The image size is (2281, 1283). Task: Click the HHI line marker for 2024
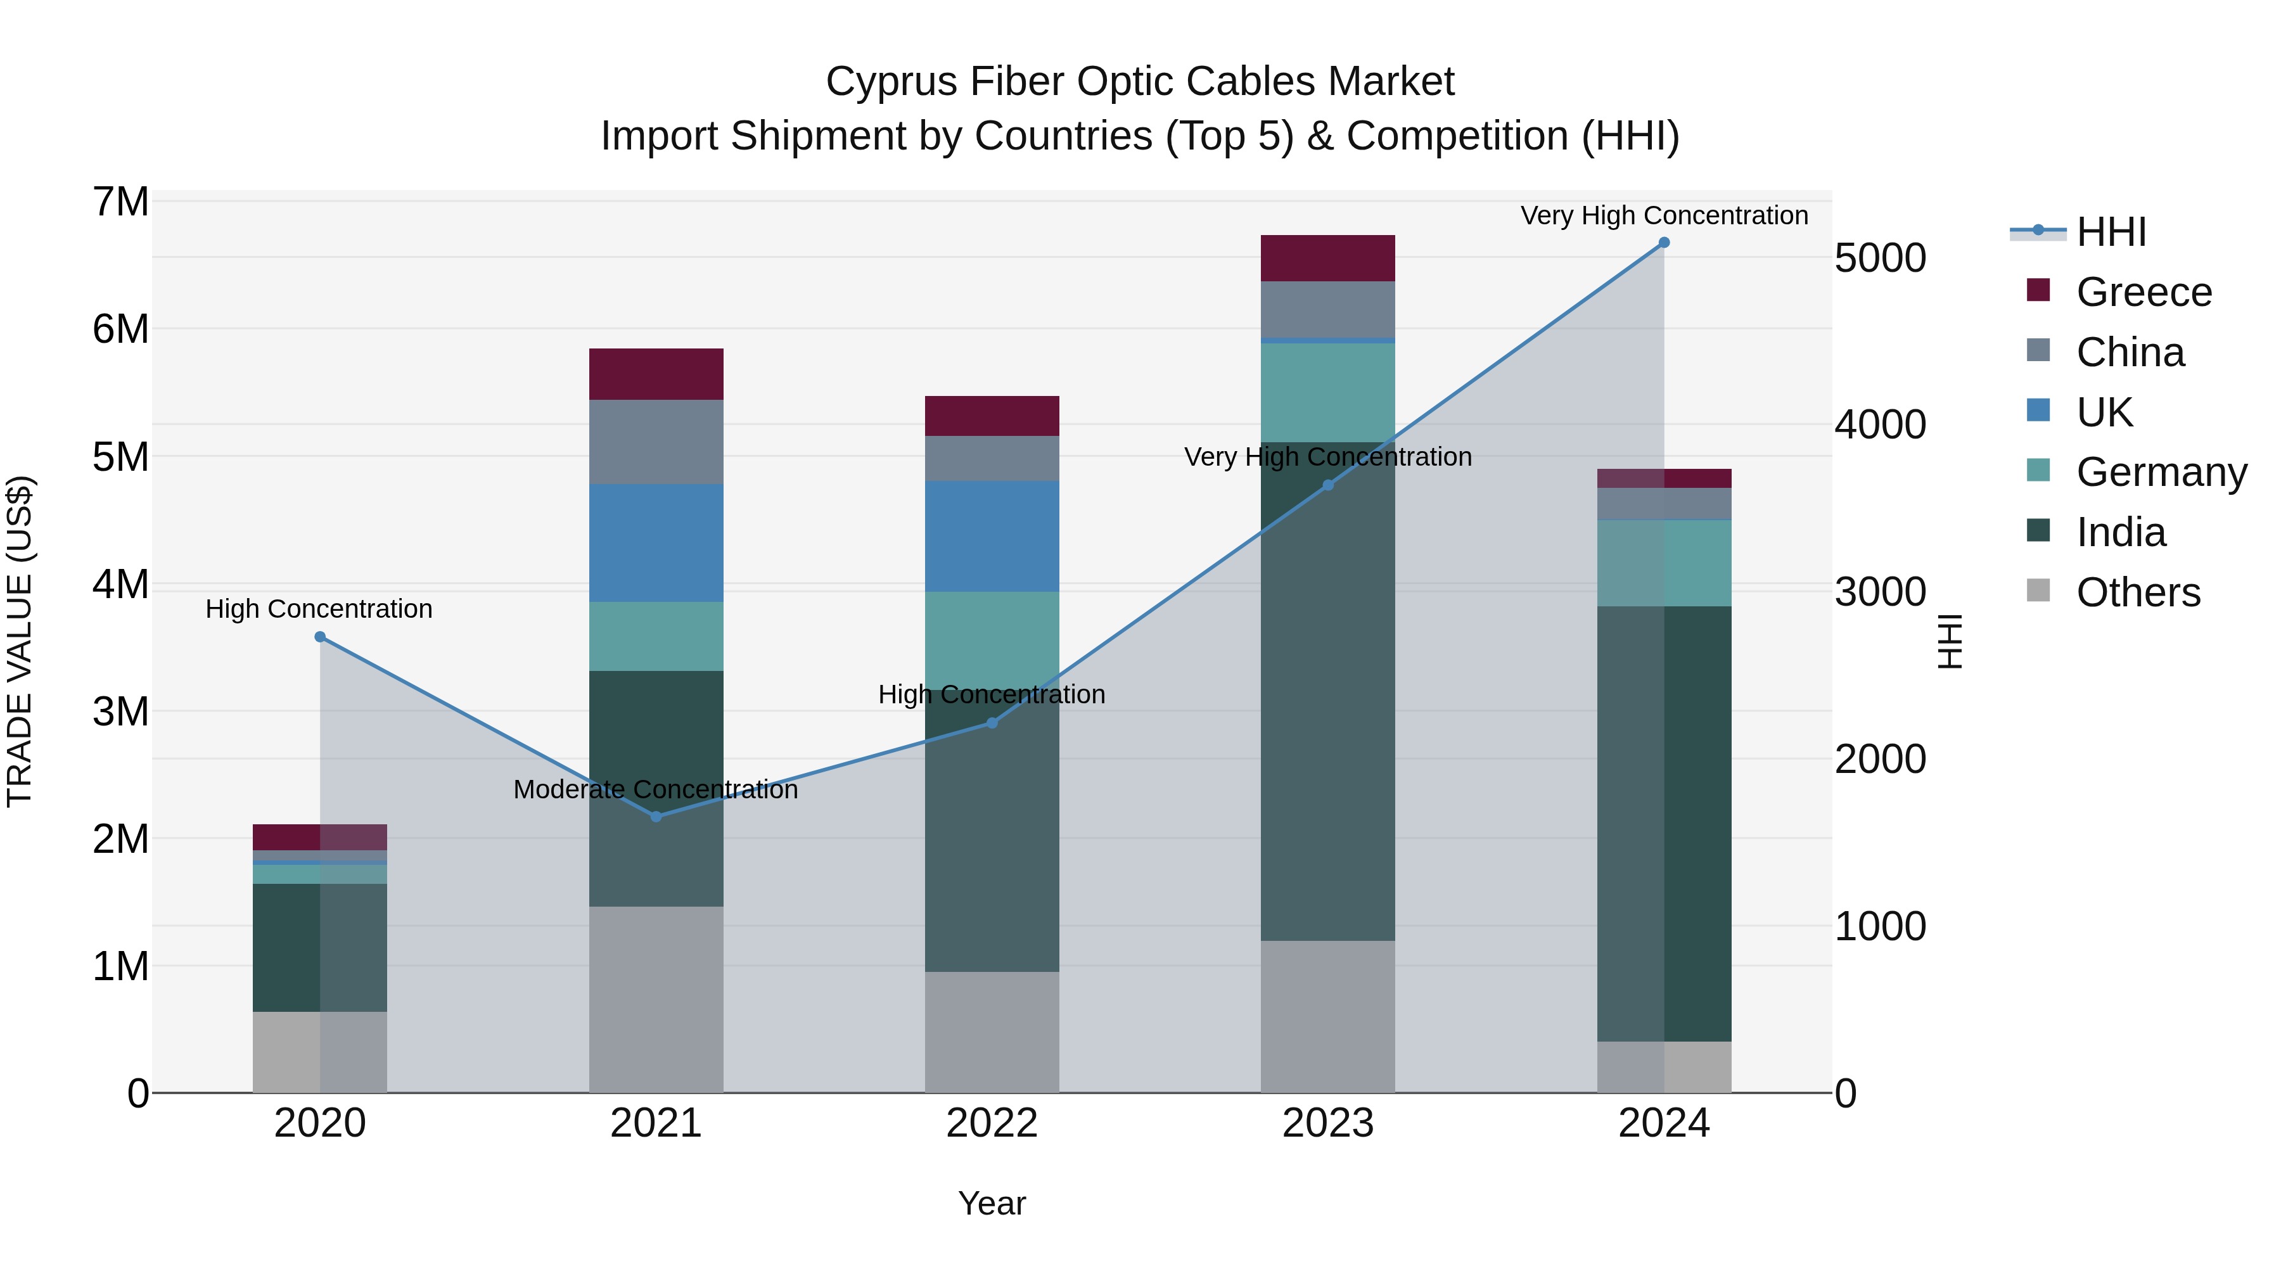[x=1664, y=243]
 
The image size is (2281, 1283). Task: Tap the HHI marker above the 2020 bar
[x=321, y=637]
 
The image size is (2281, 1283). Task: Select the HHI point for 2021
[x=656, y=817]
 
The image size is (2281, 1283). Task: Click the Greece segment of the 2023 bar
[x=1327, y=259]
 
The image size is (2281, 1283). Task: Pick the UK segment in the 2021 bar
[x=656, y=543]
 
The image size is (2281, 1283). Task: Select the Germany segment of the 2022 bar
[x=992, y=639]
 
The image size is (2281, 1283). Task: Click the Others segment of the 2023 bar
[x=1327, y=1016]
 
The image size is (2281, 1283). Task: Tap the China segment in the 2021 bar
[x=656, y=442]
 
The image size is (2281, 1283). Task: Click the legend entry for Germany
[x=2161, y=472]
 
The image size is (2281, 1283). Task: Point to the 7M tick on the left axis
[x=120, y=202]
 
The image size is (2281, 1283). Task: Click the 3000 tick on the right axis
[x=1880, y=592]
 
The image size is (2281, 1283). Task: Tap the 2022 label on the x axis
[x=992, y=1123]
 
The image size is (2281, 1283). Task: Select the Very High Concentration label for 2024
[x=1664, y=215]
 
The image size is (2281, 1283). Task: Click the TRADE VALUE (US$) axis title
[x=20, y=641]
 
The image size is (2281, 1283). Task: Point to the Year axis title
[x=992, y=1203]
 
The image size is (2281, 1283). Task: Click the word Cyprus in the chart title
[x=891, y=82]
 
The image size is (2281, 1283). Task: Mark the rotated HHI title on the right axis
[x=1950, y=641]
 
